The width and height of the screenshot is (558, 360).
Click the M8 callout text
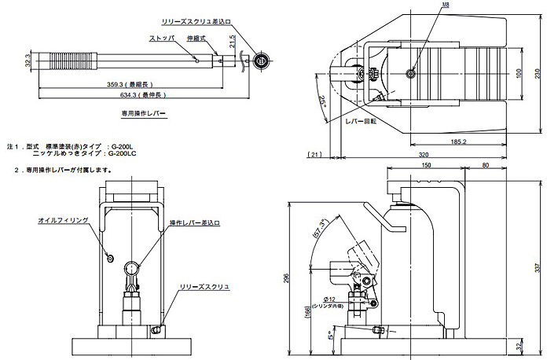point(445,6)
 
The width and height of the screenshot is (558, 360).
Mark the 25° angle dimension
point(325,101)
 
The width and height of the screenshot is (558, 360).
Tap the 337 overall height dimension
point(538,267)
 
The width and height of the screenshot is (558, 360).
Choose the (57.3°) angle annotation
point(321,227)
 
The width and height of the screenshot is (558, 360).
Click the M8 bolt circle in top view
point(410,73)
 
